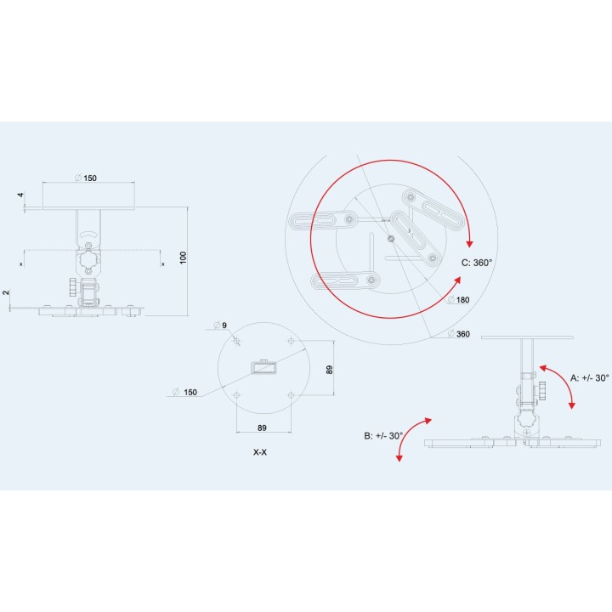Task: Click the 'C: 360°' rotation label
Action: click(477, 263)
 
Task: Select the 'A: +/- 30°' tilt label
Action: click(589, 377)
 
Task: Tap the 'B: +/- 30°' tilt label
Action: click(383, 435)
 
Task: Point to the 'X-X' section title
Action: click(260, 452)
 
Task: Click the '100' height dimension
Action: click(183, 258)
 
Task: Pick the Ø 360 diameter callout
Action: click(459, 334)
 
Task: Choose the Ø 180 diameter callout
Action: click(459, 300)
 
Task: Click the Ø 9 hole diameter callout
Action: click(220, 325)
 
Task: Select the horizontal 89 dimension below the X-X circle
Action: click(262, 428)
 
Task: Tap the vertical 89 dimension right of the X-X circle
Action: click(330, 370)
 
